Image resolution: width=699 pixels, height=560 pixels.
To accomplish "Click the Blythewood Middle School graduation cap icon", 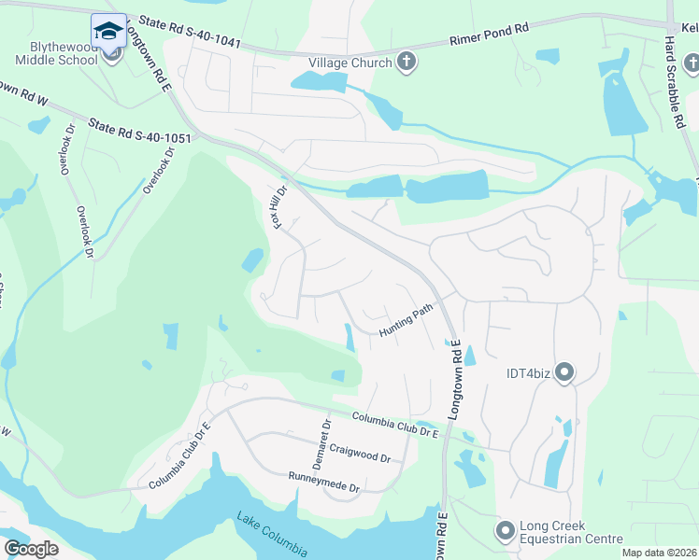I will click(109, 30).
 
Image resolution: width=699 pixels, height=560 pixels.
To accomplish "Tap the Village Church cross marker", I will click(407, 63).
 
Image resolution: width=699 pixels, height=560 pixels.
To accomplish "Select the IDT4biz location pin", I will click(563, 373).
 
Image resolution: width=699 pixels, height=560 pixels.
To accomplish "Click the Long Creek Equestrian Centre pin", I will click(506, 531).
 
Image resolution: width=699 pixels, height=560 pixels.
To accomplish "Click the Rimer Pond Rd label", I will click(489, 35).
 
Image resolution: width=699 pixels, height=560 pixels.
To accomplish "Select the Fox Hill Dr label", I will click(278, 207).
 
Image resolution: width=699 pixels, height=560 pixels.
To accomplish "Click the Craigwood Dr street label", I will click(360, 454).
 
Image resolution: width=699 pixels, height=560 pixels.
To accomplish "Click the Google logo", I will click(31, 549).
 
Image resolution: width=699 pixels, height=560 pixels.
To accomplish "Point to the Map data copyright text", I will click(658, 553).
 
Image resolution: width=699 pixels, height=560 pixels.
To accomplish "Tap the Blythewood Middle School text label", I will click(56, 52).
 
